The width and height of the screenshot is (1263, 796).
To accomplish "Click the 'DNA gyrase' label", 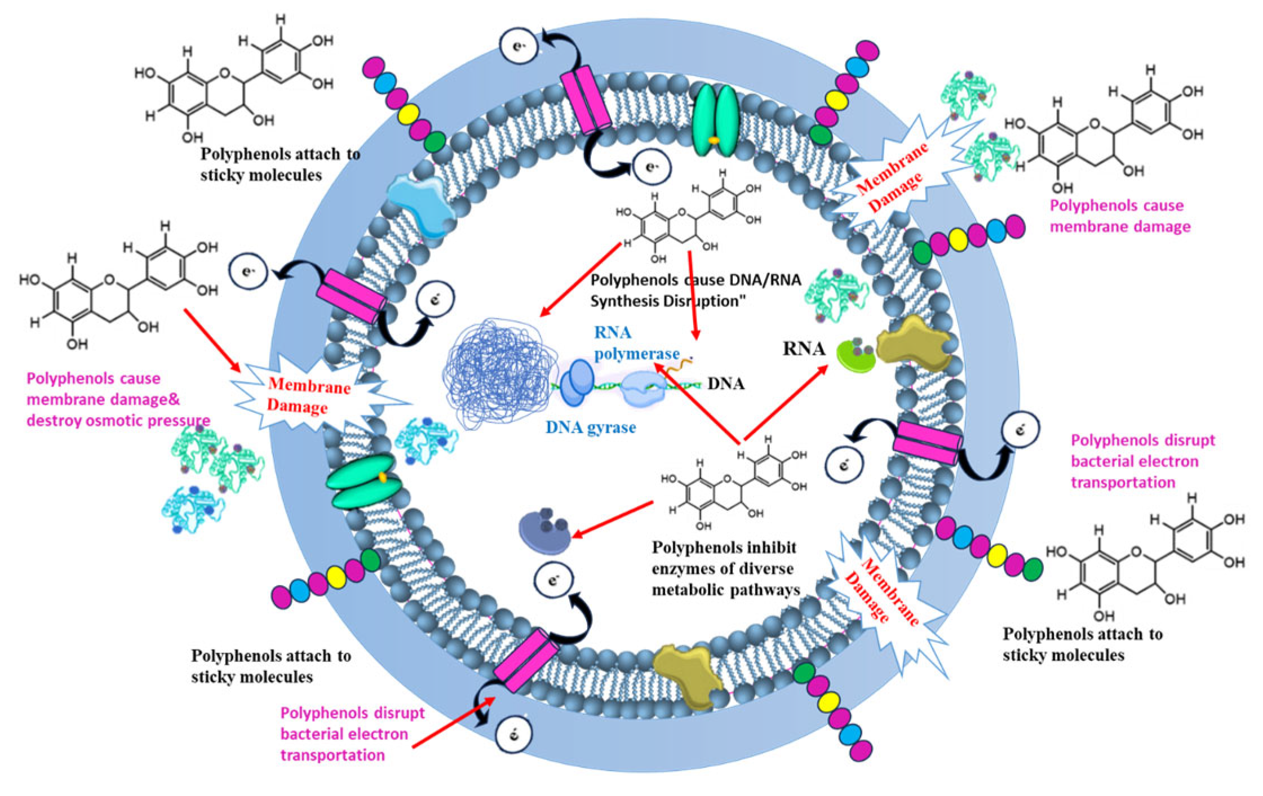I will click(x=590, y=428).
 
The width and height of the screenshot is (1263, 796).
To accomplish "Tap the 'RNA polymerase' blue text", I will click(x=636, y=343).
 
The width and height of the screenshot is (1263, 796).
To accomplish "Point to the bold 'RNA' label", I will click(x=803, y=349).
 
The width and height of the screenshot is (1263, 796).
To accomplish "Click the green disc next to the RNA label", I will click(x=856, y=357).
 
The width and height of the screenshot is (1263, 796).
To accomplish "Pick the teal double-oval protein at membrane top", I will click(x=714, y=120).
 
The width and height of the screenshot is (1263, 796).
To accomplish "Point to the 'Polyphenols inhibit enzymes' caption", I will click(x=725, y=569).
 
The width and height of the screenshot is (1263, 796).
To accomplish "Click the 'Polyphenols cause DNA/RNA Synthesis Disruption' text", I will click(x=695, y=291).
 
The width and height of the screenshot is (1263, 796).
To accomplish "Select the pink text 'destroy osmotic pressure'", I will click(x=118, y=421).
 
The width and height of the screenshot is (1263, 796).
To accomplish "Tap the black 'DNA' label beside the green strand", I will click(x=725, y=384).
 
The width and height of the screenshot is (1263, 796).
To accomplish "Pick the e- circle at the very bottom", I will click(x=513, y=735).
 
